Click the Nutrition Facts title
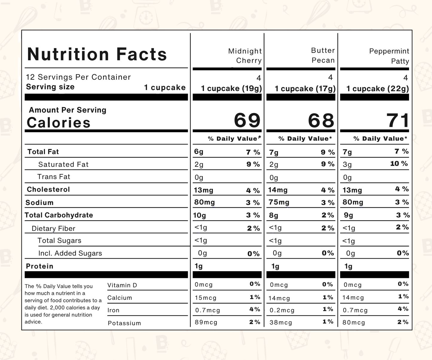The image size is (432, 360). [97, 54]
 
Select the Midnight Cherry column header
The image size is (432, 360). [245, 56]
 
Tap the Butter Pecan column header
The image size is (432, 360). [323, 55]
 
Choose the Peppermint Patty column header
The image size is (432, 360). [389, 56]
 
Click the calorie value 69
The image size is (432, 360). [247, 120]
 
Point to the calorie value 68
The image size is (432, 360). [321, 121]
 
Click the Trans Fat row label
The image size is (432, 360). [54, 177]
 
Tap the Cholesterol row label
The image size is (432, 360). [48, 190]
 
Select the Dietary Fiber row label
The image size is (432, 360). [53, 229]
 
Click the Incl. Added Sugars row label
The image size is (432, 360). [70, 253]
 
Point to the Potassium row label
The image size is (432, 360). [124, 323]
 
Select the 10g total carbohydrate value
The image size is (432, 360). [199, 215]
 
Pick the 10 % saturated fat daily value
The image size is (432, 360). [399, 164]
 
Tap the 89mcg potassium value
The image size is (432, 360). [206, 323]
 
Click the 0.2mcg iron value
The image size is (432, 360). [282, 310]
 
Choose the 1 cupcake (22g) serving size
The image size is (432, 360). [377, 89]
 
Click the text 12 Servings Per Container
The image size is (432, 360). [78, 77]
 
